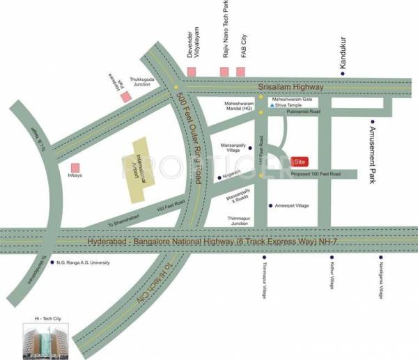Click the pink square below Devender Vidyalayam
click(x=191, y=72)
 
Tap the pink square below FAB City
click(x=241, y=72)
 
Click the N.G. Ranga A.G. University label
click(x=86, y=263)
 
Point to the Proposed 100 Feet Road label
click(x=316, y=173)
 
